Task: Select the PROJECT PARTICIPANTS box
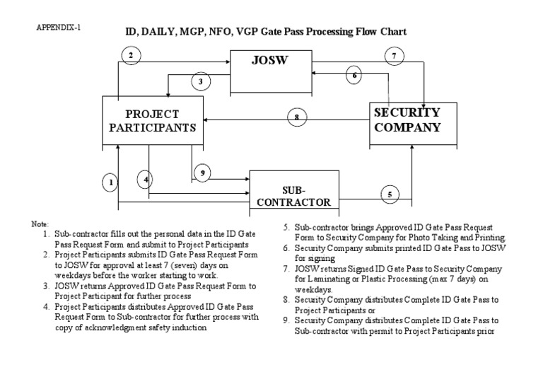click(x=152, y=120)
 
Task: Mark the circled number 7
click(x=395, y=55)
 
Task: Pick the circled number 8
click(x=297, y=117)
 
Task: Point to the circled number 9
click(x=203, y=173)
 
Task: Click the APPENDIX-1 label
click(x=59, y=28)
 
